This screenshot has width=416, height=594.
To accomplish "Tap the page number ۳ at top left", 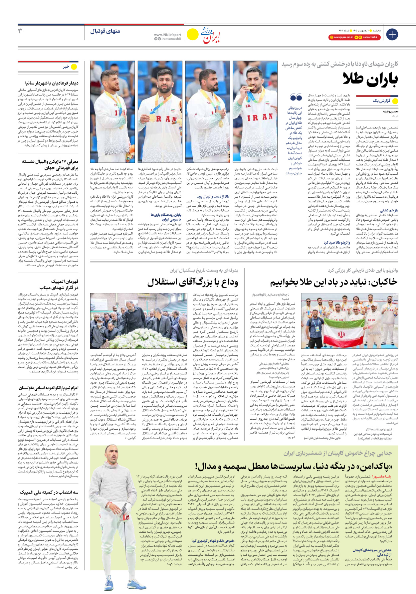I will click(x=20, y=31).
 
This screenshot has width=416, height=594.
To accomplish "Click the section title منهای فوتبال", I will click(x=105, y=31).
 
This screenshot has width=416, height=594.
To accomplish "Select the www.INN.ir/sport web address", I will click(x=167, y=35).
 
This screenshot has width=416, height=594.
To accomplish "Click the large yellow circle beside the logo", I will click(x=192, y=34).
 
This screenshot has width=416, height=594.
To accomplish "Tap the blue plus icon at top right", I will click(x=392, y=34).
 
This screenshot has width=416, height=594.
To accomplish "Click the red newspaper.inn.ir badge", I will click(x=340, y=37).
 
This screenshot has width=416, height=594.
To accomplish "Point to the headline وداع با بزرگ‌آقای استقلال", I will click(x=193, y=282).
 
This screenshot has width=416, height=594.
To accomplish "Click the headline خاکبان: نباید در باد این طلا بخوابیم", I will click(x=334, y=282).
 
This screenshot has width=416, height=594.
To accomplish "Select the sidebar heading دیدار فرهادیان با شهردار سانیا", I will click(x=52, y=83).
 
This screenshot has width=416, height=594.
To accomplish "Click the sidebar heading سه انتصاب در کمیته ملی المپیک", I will click(x=49, y=492).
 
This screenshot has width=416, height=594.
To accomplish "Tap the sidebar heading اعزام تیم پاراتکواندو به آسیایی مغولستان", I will click(x=49, y=388).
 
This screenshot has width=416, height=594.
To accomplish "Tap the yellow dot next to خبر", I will click(x=74, y=67).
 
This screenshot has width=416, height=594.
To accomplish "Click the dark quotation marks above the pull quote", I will click(x=296, y=98).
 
